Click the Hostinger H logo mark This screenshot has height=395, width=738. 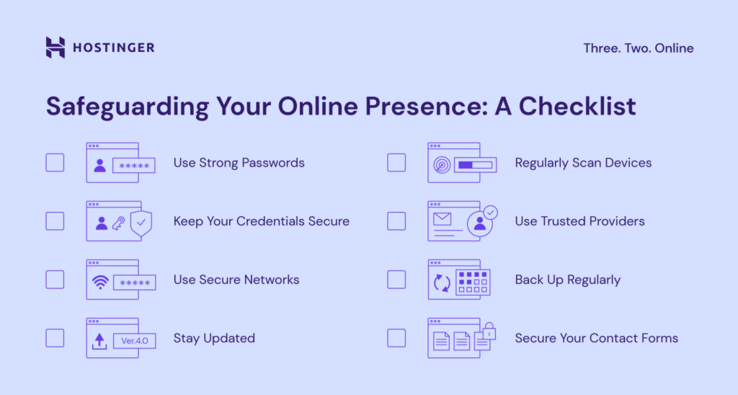pos(55,48)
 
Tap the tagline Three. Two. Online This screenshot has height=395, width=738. pos(638,48)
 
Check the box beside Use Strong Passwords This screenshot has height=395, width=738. pos(55,162)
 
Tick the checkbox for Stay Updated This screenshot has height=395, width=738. pos(55,338)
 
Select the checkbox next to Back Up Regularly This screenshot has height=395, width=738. pos(396,280)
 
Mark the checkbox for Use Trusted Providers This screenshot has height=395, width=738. pos(396,221)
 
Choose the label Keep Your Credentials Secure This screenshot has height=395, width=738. pos(261,221)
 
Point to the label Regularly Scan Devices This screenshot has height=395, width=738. pos(583,163)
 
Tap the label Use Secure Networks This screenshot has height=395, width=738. pos(236,280)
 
